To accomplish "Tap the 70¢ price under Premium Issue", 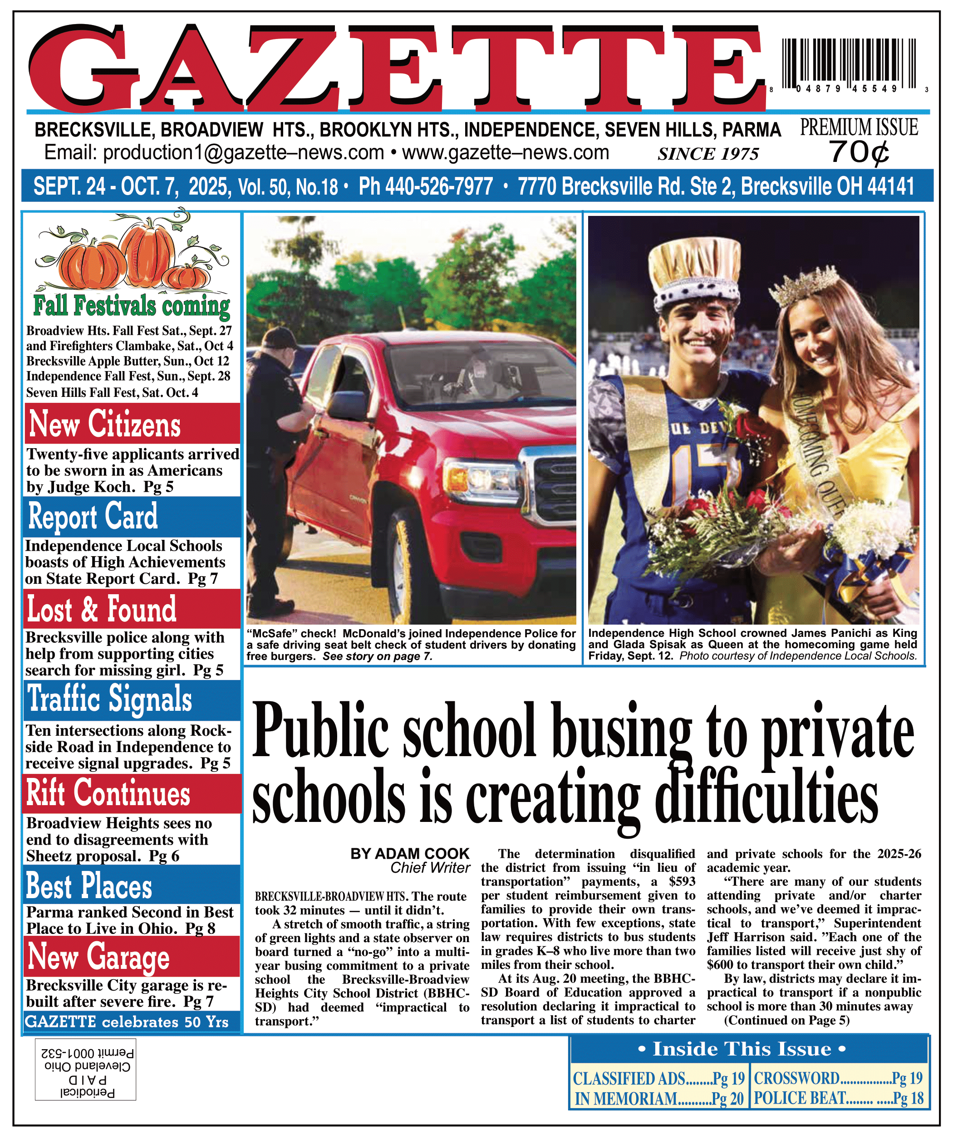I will pyautogui.click(x=859, y=152).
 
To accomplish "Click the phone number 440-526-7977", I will pyautogui.click(x=426, y=186).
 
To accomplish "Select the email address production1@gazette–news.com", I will pyautogui.click(x=214, y=153).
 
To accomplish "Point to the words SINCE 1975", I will pyautogui.click(x=708, y=154).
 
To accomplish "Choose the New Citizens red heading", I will pyautogui.click(x=105, y=424).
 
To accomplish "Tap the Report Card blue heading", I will pyautogui.click(x=93, y=516).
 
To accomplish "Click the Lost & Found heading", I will pyautogui.click(x=102, y=609).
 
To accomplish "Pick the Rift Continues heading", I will pyautogui.click(x=108, y=793).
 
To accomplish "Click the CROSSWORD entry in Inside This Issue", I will pyautogui.click(x=838, y=1078).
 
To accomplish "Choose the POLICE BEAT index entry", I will pyautogui.click(x=838, y=1098).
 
